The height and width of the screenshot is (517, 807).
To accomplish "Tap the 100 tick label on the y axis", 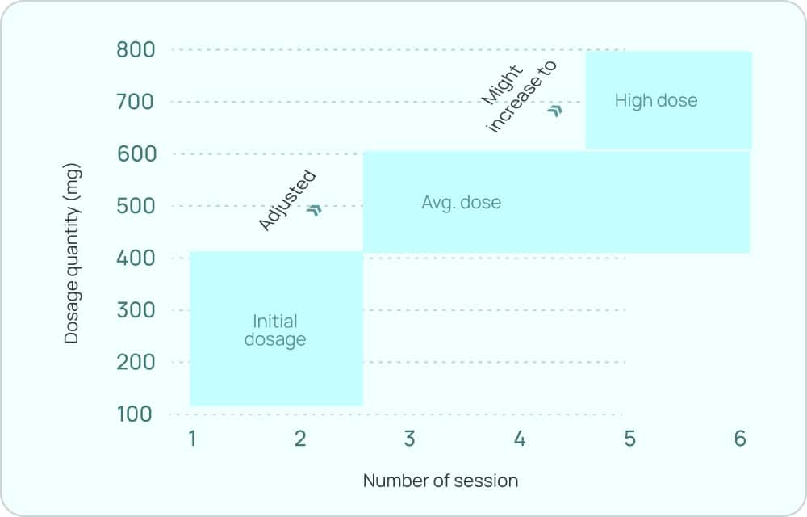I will click(x=134, y=414).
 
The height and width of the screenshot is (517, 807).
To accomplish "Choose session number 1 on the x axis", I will click(x=192, y=439).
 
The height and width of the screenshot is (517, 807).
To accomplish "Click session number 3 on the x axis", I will click(x=409, y=439).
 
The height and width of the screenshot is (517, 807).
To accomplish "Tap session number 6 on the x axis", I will click(x=740, y=439).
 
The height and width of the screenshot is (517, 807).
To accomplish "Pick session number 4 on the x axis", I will click(x=520, y=439).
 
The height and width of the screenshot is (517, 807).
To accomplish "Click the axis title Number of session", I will click(x=441, y=481).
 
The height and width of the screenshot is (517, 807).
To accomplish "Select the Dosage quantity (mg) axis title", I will click(x=73, y=253).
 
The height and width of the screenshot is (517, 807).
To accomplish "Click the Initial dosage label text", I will click(x=275, y=330).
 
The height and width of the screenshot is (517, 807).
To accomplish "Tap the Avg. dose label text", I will click(x=461, y=202).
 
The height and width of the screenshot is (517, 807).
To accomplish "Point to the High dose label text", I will click(x=655, y=101).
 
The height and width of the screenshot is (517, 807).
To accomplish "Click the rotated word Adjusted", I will click(x=286, y=201).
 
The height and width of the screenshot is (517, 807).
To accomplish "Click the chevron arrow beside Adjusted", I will click(x=315, y=210).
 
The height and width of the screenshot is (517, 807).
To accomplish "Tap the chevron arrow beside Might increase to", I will click(x=554, y=111).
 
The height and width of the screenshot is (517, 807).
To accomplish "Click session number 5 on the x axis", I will click(x=629, y=439).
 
